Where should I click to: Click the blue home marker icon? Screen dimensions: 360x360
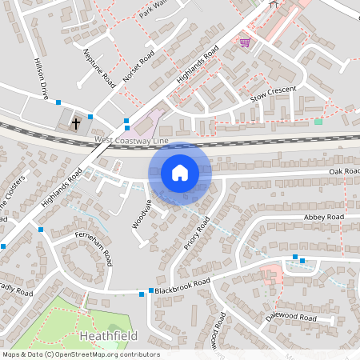click(x=180, y=173)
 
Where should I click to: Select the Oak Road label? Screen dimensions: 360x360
click(x=344, y=171)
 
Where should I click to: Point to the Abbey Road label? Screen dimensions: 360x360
click(x=323, y=217)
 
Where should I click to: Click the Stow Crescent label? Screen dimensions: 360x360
click(x=274, y=93)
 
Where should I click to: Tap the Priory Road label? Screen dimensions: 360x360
click(x=196, y=232)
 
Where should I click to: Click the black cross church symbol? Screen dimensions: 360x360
click(x=76, y=123)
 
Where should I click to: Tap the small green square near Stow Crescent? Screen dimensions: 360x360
click(x=318, y=121)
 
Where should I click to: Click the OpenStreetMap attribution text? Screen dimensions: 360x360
click(x=81, y=354)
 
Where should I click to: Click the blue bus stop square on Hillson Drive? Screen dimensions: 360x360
click(x=58, y=102)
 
